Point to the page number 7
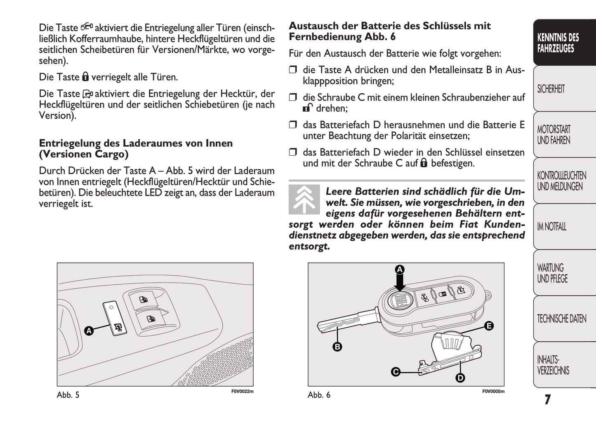[x=547, y=400]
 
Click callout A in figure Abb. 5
[x=89, y=331]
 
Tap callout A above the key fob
[x=399, y=270]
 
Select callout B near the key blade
[x=337, y=347]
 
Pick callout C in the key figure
[x=396, y=372]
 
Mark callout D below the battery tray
[x=460, y=378]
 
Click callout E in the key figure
[x=489, y=326]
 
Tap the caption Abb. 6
[x=319, y=395]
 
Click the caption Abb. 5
[x=68, y=395]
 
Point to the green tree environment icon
[x=304, y=200]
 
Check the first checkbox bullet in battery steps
[x=293, y=70]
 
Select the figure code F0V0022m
[x=242, y=391]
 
